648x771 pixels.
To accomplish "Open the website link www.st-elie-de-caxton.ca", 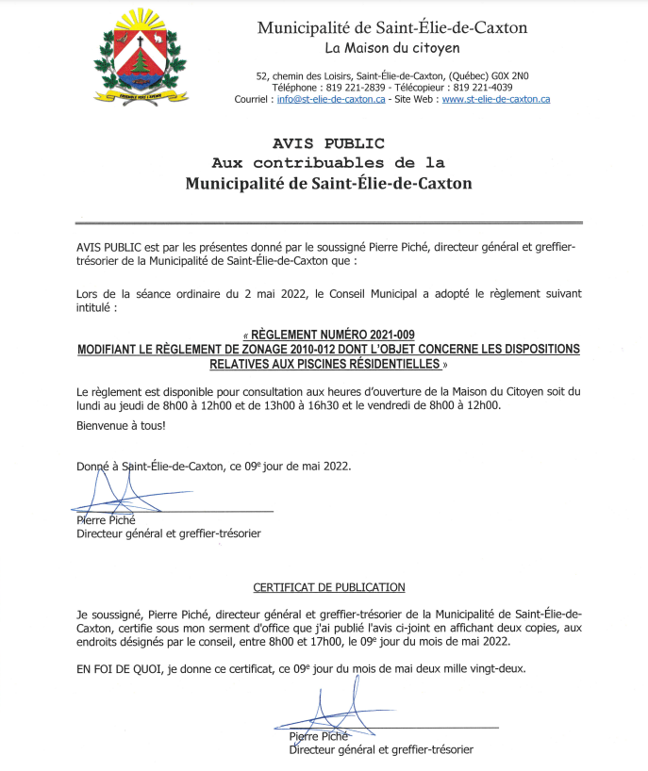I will pos(496,99).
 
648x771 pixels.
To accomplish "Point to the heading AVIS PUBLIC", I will pos(328,143).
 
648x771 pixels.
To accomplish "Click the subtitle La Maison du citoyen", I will pos(392,47).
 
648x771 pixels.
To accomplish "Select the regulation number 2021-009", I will pos(382,335).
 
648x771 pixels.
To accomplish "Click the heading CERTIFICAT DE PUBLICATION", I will pos(329,587).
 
